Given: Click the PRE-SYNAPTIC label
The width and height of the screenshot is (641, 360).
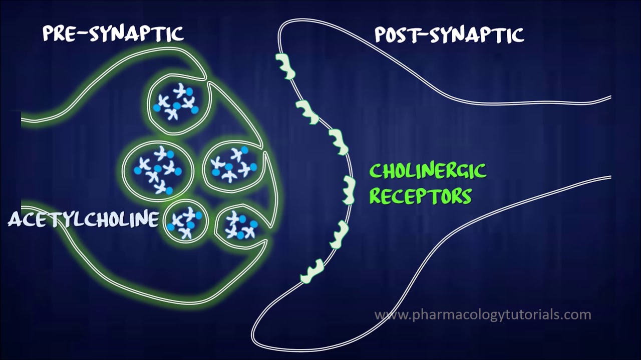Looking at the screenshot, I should (113, 34).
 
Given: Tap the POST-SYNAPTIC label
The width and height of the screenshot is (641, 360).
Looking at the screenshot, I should (449, 35).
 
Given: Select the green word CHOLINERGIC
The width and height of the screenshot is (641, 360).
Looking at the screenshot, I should (428, 171).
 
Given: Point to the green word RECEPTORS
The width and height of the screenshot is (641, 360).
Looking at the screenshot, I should (421, 196).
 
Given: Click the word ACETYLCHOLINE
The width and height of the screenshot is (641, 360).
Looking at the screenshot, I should (83, 219).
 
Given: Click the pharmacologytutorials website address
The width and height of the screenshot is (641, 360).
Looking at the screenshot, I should (483, 315).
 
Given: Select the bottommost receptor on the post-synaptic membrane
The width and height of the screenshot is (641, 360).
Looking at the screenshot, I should (313, 271).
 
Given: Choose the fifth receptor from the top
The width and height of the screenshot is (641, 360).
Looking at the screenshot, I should (339, 233).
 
